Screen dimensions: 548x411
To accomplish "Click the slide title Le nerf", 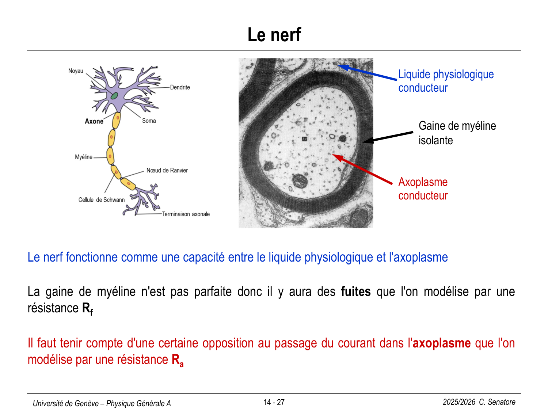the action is click(x=274, y=35).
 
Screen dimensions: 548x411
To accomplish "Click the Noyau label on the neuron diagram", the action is click(x=76, y=71).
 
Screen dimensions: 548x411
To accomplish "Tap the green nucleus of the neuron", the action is click(x=114, y=96).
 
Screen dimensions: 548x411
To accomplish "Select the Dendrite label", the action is click(x=180, y=87).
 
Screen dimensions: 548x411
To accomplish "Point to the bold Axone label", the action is click(x=94, y=121).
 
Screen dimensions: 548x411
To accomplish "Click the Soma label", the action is click(x=149, y=121).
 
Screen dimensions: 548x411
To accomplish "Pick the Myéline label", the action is click(x=84, y=157).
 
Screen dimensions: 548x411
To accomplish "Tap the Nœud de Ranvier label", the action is click(x=167, y=171).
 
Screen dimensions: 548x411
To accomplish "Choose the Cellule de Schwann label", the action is click(x=101, y=200).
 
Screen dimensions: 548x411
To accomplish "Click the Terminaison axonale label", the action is click(x=186, y=214).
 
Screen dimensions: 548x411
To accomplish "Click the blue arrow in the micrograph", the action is click(x=367, y=72).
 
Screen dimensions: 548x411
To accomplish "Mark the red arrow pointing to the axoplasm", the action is click(x=362, y=169).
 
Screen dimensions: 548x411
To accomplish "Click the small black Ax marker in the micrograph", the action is click(x=304, y=139).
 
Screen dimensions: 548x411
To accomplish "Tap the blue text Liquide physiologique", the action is click(x=446, y=75).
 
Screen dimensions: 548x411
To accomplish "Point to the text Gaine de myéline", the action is click(x=457, y=126).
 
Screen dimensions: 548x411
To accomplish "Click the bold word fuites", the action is click(x=356, y=292).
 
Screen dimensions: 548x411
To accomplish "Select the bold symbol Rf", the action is click(x=88, y=308).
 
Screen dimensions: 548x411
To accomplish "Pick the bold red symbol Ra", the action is click(x=178, y=360).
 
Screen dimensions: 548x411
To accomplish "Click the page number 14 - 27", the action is click(x=274, y=403).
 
